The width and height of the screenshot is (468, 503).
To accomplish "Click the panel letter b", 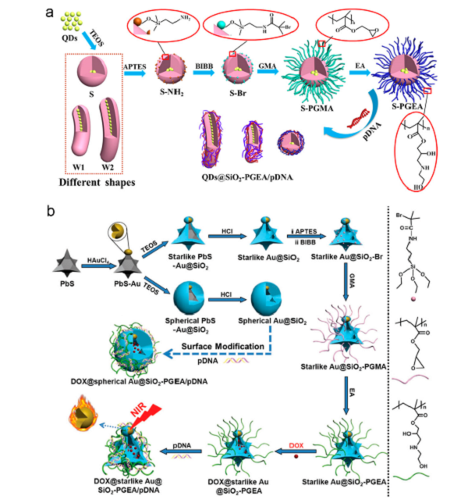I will point(29,211).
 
